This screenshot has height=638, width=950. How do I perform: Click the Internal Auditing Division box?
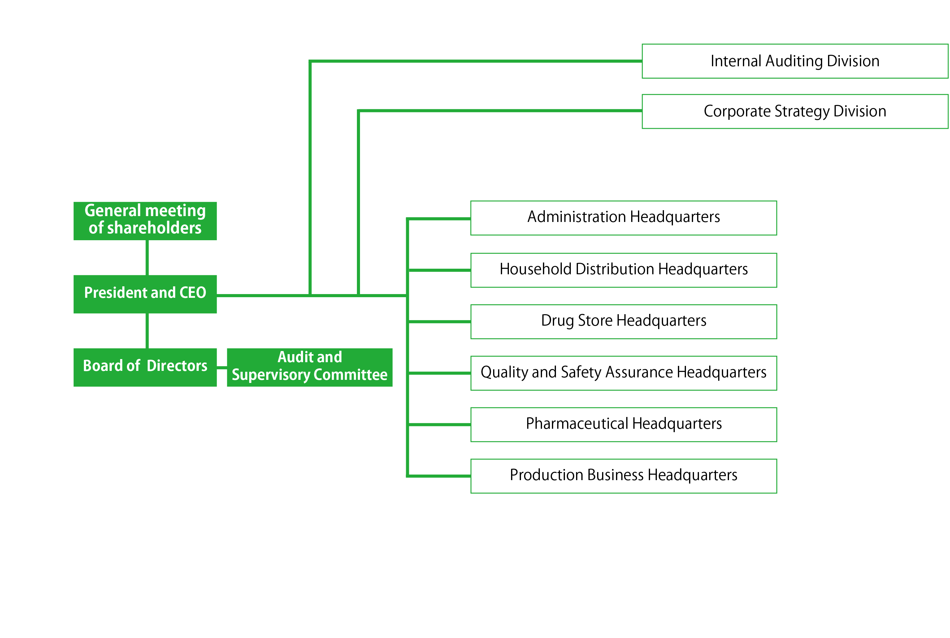795,61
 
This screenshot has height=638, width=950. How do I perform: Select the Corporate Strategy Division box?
795,111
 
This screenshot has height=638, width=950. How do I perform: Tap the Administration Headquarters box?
623,218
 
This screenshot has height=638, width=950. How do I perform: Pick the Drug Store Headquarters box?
623,321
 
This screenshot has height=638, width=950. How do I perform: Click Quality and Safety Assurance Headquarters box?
623,373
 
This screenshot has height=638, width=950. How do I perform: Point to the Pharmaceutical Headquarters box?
623,424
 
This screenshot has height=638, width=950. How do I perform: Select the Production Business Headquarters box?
623,476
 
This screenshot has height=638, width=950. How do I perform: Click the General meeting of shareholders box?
145,221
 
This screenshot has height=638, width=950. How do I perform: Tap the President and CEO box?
145,294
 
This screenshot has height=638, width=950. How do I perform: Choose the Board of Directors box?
145,367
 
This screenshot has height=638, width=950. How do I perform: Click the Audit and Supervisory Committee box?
309,367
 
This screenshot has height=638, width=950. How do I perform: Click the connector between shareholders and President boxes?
147,258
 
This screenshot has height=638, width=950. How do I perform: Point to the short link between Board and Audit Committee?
222,367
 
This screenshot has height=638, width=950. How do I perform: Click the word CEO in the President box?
193,293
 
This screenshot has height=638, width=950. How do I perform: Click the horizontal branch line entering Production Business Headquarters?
439,476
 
